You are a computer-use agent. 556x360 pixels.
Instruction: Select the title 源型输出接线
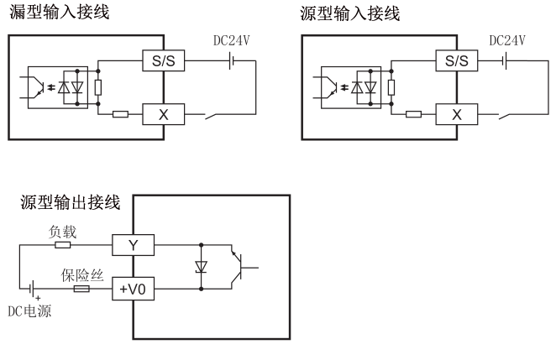click(x=70, y=202)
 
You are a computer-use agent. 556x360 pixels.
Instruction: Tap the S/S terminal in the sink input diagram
click(x=163, y=61)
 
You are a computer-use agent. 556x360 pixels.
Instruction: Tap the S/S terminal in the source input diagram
click(x=457, y=61)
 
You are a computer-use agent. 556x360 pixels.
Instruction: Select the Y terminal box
click(x=134, y=246)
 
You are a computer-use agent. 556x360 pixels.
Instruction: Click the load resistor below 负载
click(x=63, y=246)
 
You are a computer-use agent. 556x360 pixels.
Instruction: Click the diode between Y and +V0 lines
click(x=202, y=268)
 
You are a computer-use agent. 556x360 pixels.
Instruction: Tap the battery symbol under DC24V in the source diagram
click(x=505, y=61)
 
